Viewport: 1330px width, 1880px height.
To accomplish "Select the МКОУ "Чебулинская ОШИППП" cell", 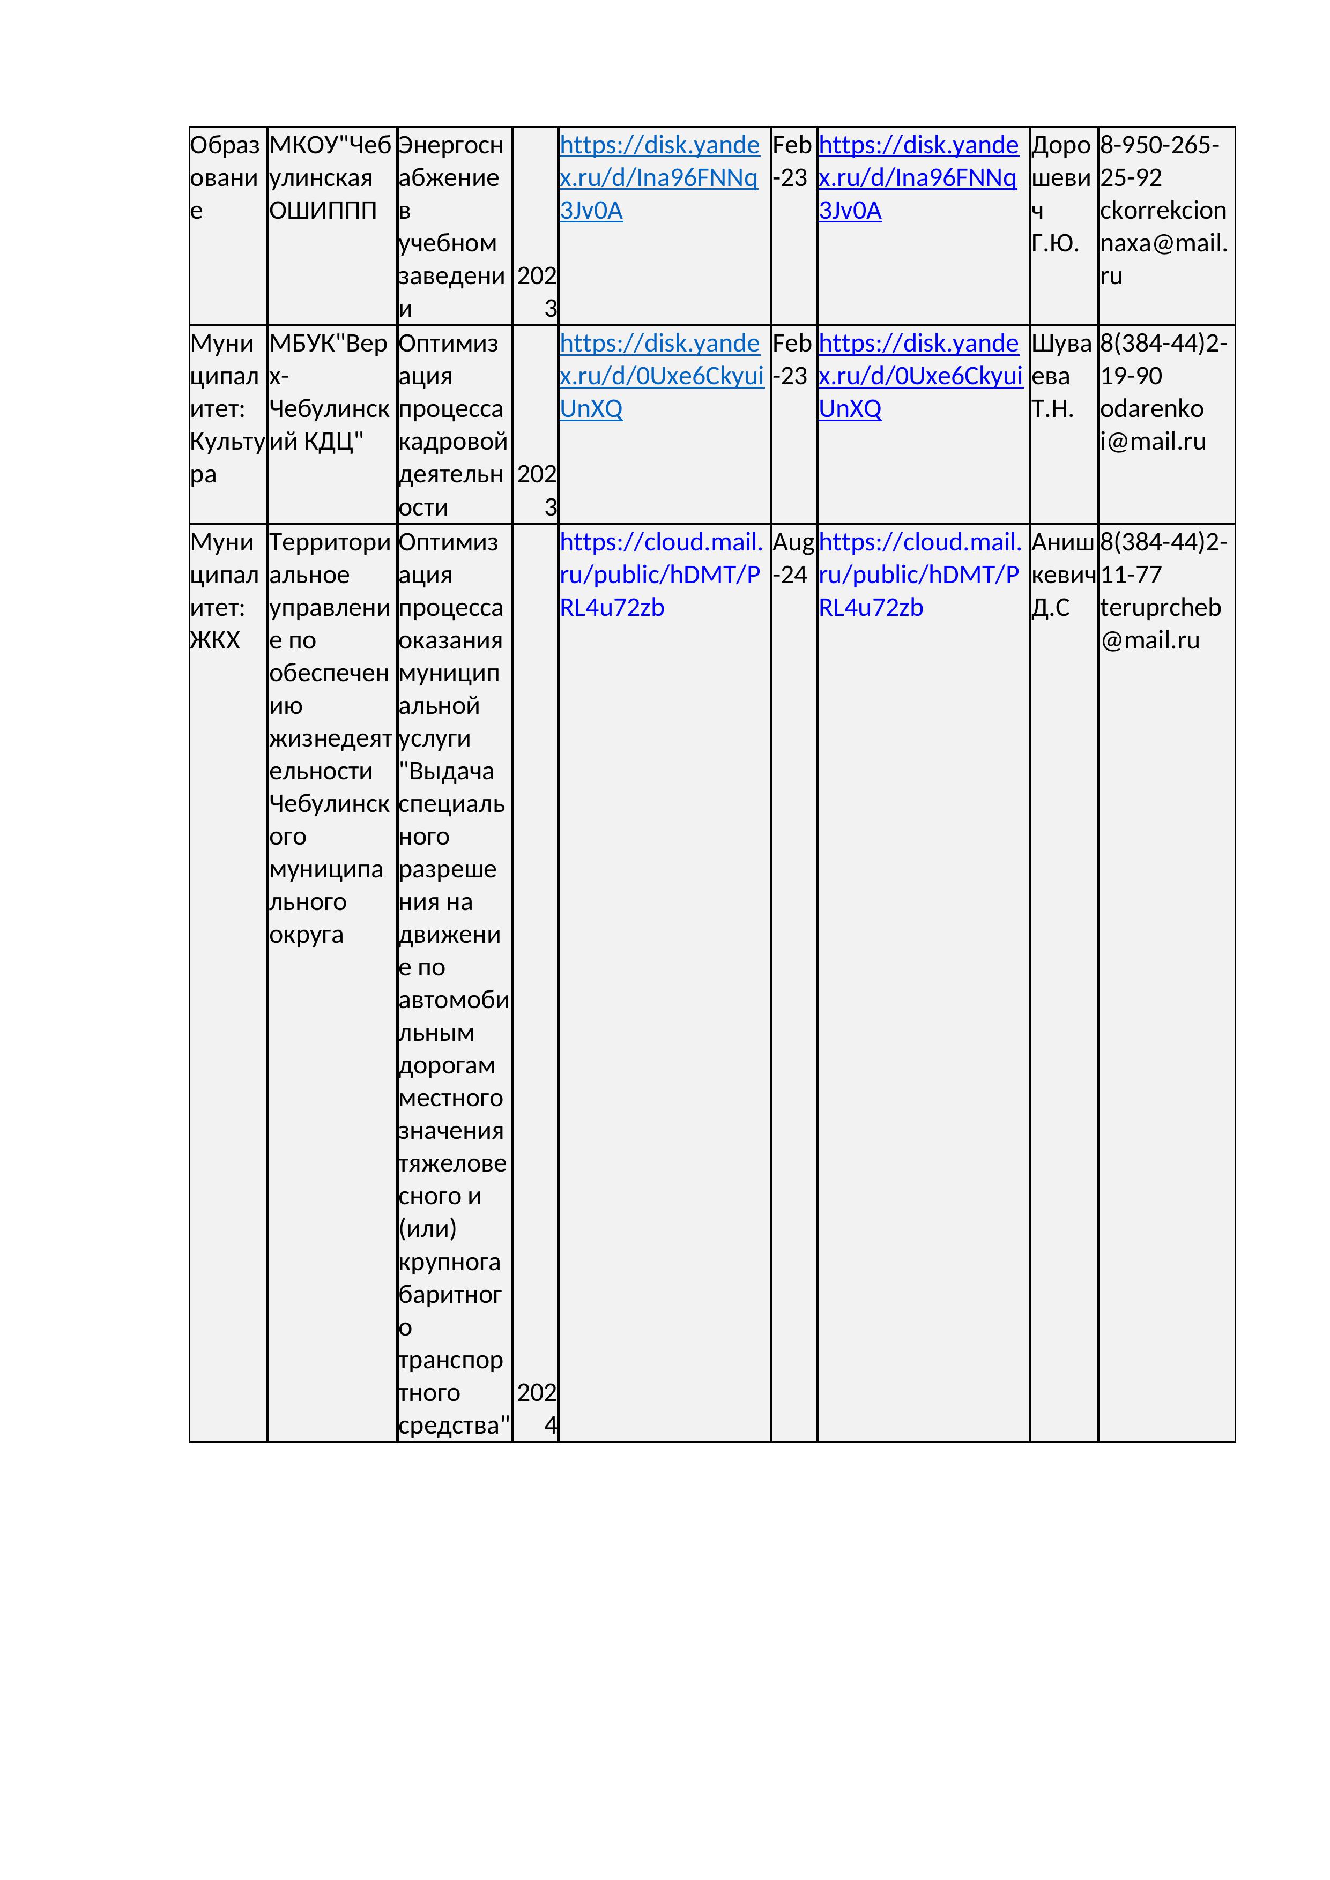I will (x=330, y=178).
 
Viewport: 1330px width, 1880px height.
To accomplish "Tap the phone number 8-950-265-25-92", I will (x=1160, y=161).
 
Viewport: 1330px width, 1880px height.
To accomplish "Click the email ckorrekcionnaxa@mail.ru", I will (x=1163, y=243).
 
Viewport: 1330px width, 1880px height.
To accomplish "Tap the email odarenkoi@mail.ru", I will (x=1152, y=425).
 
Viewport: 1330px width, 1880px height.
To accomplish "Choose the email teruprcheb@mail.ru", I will (x=1160, y=624).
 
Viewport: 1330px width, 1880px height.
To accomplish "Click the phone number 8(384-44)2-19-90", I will (x=1163, y=360).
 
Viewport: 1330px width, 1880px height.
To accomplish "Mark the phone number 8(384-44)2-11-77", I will (x=1163, y=558).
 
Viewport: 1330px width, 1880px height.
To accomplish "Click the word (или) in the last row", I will (x=427, y=1228).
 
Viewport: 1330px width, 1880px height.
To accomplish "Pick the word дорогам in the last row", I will (x=447, y=1065).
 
